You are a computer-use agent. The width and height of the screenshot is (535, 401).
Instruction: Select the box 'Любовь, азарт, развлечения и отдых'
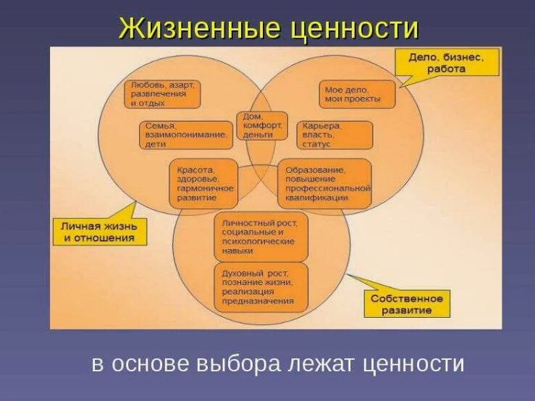(x=162, y=94)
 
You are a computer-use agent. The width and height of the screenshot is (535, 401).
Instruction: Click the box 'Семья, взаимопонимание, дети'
(x=186, y=135)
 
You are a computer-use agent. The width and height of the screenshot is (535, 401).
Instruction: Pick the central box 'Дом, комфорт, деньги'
(x=261, y=125)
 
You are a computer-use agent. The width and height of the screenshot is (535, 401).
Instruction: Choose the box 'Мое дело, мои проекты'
(x=358, y=94)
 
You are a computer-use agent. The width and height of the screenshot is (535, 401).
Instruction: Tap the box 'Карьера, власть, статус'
(x=334, y=135)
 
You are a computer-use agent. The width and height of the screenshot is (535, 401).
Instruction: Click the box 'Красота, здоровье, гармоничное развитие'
(x=203, y=183)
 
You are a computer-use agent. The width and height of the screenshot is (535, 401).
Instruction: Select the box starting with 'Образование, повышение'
(x=324, y=183)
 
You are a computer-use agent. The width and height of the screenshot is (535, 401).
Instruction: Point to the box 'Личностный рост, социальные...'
(x=261, y=236)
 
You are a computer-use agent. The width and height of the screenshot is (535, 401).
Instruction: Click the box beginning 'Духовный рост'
(x=261, y=286)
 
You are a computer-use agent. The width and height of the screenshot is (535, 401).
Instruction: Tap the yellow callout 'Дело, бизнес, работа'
(x=447, y=62)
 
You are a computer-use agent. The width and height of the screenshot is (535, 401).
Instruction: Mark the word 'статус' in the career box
(x=318, y=145)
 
